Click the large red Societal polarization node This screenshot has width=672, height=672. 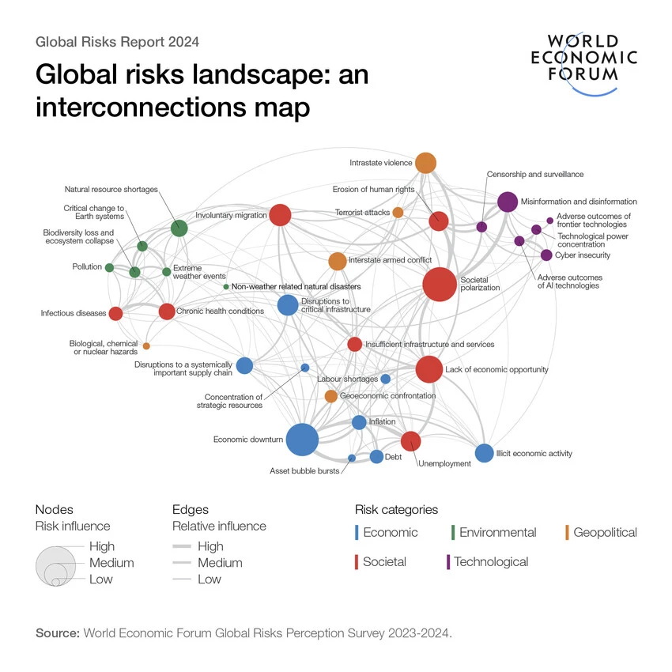click(439, 285)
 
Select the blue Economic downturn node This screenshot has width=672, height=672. click(302, 440)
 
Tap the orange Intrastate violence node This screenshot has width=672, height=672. click(425, 163)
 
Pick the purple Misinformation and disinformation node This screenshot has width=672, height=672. click(508, 202)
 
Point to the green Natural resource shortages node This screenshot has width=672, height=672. click(179, 228)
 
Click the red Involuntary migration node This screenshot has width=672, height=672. click(280, 214)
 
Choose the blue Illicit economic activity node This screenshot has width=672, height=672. click(484, 453)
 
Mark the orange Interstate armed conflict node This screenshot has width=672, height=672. click(337, 261)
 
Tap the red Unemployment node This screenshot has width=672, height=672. click(410, 441)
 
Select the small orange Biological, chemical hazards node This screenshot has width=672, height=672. click(146, 345)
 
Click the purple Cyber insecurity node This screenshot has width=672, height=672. click(546, 255)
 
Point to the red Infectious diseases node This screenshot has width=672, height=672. click(115, 313)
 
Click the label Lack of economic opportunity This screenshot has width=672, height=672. click(496, 369)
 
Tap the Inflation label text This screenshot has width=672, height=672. click(382, 422)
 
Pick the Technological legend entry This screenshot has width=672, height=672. click(491, 561)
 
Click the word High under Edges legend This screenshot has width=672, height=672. click(210, 546)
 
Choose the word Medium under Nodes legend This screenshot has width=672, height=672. click(111, 563)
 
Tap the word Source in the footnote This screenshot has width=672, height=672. click(57, 633)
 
